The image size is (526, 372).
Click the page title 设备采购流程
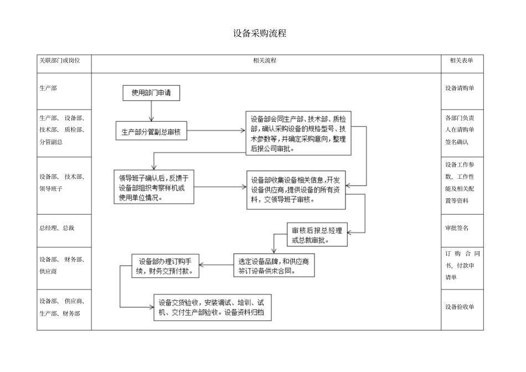260,34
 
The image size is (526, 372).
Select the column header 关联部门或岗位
60,60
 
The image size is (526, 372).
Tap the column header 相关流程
265,60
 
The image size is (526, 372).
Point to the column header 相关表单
461,60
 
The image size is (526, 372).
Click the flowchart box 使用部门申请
151,94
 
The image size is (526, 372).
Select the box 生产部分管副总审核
151,132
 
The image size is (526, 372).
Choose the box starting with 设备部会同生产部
298,133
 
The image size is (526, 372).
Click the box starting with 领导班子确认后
154,187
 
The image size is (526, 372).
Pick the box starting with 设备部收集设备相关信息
296,190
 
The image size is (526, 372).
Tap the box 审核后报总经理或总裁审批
317,234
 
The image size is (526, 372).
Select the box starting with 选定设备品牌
274,266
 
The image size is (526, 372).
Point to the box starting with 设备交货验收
213,308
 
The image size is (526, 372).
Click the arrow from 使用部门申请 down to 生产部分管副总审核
151,111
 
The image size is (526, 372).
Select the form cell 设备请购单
460,88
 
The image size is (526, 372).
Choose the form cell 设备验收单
460,307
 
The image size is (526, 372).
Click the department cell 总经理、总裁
57,228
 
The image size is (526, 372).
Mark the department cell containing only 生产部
49,88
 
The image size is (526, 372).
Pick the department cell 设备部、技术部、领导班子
61,183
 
